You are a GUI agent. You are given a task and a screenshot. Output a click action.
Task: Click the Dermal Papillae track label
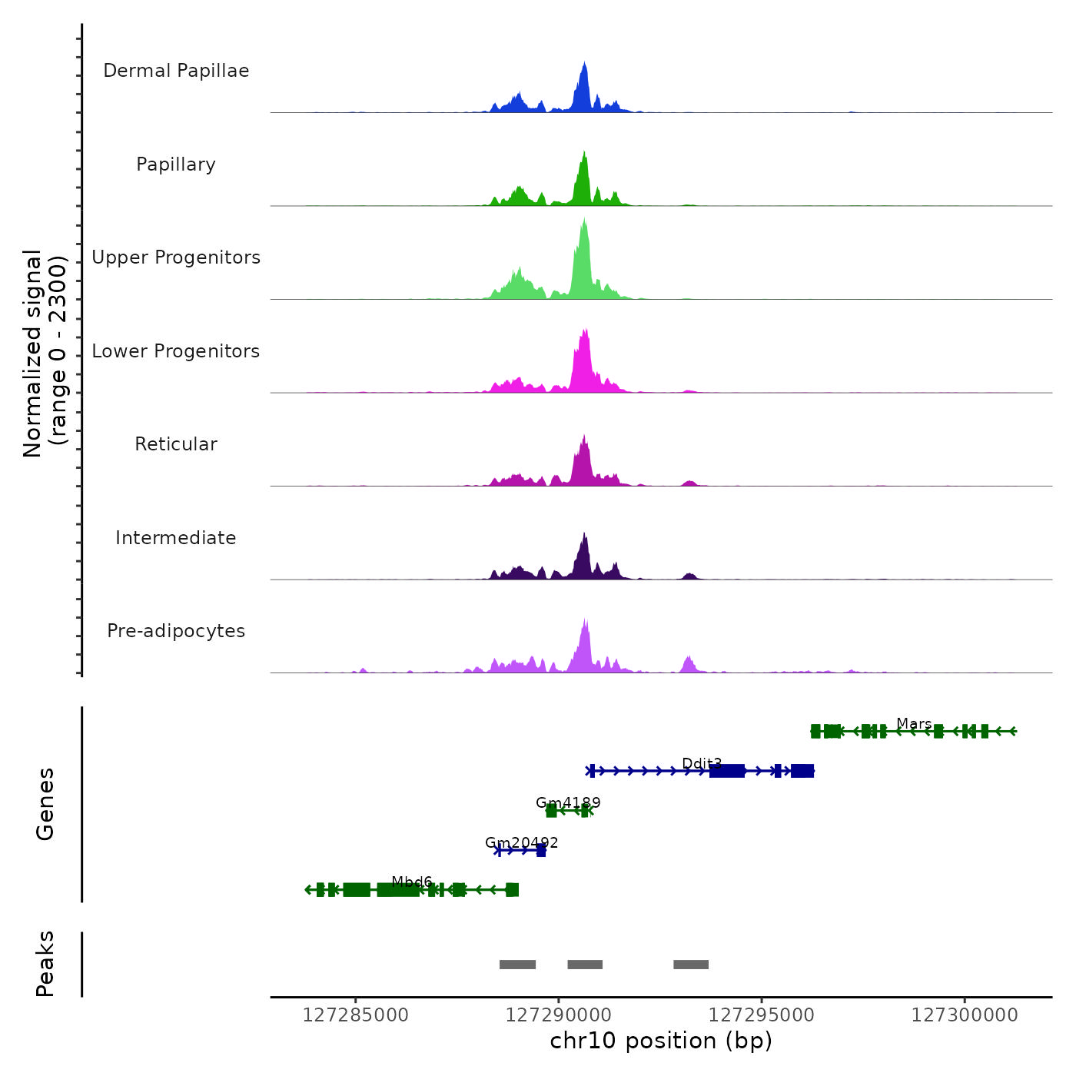tap(176, 71)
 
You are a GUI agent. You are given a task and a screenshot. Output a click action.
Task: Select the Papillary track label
tap(176, 164)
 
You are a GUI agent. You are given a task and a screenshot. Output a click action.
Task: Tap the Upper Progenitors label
tap(176, 257)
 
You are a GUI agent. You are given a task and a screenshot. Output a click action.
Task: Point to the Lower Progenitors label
tap(176, 351)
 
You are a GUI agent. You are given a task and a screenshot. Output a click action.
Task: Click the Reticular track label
tap(176, 444)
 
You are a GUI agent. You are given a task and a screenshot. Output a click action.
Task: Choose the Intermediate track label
tap(176, 538)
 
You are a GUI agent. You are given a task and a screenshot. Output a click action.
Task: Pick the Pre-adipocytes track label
tap(176, 631)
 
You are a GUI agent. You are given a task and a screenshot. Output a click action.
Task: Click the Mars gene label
tap(914, 723)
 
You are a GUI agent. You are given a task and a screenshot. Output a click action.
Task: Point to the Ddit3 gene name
tap(702, 763)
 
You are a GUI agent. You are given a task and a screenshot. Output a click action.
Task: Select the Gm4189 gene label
tap(568, 802)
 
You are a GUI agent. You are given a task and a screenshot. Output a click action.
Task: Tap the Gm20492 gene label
tap(521, 842)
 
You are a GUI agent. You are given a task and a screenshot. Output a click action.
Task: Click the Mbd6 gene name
tap(412, 882)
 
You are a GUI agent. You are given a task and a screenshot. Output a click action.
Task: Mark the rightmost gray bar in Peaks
tap(691, 965)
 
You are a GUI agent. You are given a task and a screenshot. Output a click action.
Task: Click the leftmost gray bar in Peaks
tap(517, 965)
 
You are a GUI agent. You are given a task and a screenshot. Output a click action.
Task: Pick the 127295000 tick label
tap(762, 1015)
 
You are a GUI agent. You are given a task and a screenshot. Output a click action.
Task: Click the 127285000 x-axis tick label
tap(356, 1015)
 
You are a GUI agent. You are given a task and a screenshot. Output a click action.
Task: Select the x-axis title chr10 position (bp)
tap(661, 1041)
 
